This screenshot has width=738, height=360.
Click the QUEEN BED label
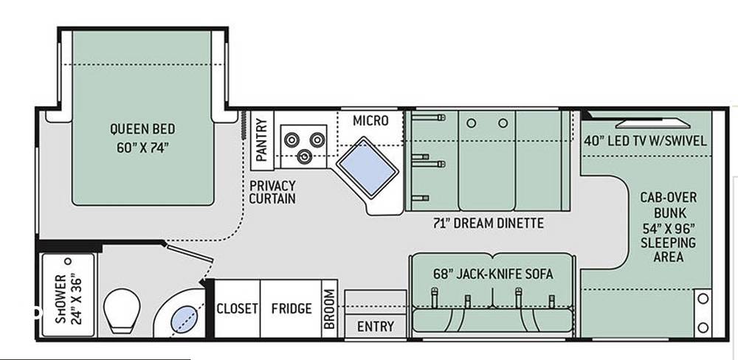coord(142,128)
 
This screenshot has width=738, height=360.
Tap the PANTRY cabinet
coord(262,140)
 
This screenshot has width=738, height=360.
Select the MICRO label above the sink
coord(371,121)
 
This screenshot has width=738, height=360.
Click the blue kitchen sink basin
coord(367,167)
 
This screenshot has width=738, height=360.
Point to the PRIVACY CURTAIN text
coord(272,192)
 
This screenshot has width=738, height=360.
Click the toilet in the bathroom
coord(122,310)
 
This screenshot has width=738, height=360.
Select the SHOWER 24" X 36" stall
coord(68,295)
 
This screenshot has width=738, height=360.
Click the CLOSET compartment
coord(237,308)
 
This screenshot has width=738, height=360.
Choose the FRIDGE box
coord(291,308)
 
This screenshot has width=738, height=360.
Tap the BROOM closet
coord(329,308)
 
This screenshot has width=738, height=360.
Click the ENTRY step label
coord(375,326)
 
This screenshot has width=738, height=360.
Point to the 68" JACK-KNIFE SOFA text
coord(493,274)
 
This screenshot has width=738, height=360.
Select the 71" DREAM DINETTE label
coord(488,223)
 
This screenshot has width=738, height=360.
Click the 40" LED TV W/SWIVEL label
coord(645,141)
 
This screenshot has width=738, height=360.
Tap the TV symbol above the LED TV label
coord(652,123)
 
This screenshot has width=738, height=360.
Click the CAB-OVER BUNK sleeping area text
coord(669,226)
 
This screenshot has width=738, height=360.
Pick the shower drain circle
coord(68,261)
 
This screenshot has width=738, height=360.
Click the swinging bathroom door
coord(189,252)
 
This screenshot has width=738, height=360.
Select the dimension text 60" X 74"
coord(142,148)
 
